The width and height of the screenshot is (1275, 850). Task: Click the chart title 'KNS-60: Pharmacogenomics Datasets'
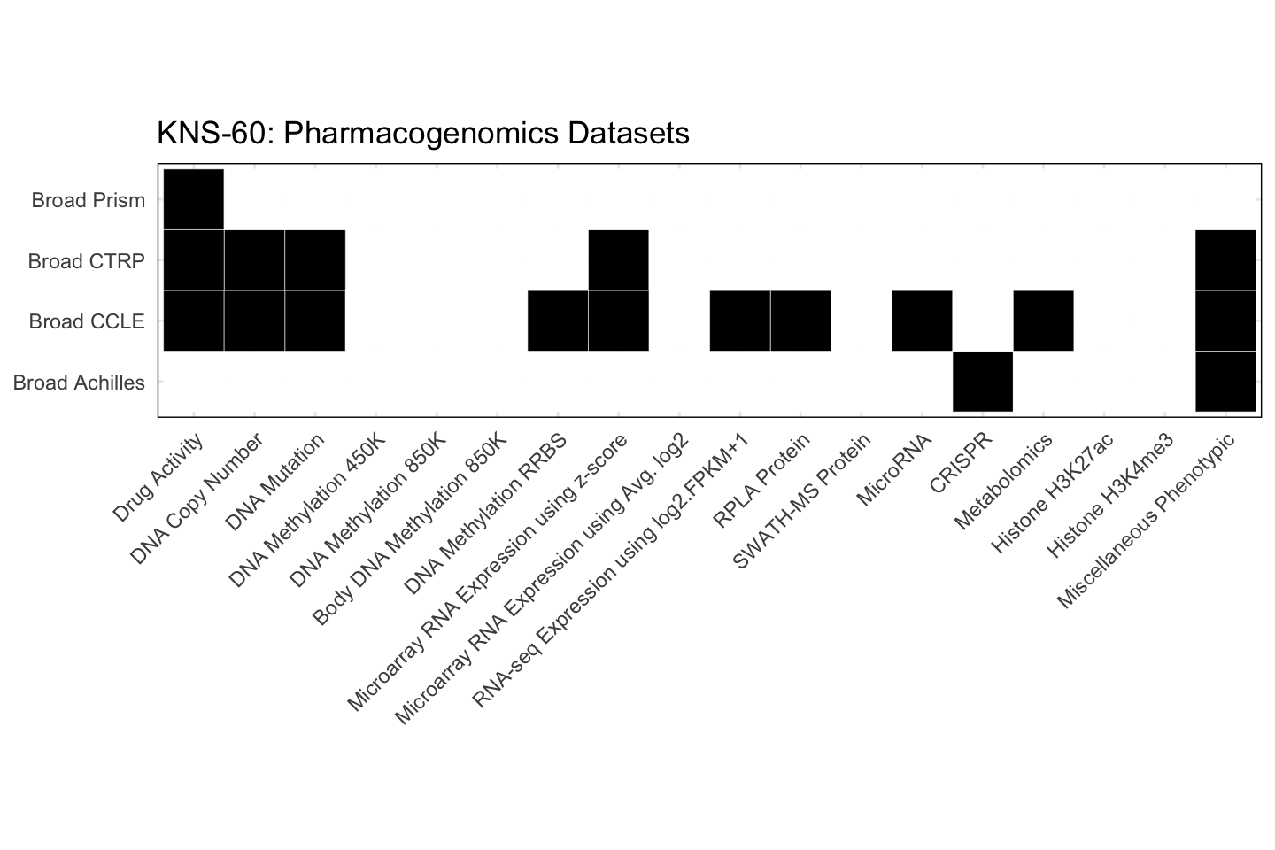(x=422, y=134)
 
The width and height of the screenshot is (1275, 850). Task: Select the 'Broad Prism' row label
(x=88, y=200)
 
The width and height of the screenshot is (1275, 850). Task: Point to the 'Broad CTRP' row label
(x=86, y=261)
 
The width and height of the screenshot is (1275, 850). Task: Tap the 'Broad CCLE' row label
(x=86, y=321)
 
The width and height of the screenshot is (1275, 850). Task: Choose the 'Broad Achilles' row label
(x=79, y=382)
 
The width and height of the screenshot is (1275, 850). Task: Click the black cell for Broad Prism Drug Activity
(x=194, y=199)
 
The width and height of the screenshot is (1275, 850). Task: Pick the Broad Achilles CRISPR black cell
(x=983, y=382)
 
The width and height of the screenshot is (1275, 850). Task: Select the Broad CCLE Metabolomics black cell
(x=1043, y=321)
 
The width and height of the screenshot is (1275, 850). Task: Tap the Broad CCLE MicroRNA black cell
(x=922, y=321)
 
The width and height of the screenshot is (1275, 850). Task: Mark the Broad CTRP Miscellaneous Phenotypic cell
(x=1225, y=260)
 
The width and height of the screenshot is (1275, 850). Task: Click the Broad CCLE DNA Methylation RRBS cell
(x=558, y=321)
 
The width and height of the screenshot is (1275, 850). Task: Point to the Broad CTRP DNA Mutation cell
(x=315, y=260)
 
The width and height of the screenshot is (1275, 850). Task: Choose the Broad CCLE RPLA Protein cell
(x=800, y=321)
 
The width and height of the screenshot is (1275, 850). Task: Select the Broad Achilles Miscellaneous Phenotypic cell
(x=1225, y=382)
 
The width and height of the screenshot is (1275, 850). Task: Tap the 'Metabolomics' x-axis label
(x=1003, y=482)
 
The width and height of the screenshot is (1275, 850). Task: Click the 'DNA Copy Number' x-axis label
(x=197, y=498)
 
